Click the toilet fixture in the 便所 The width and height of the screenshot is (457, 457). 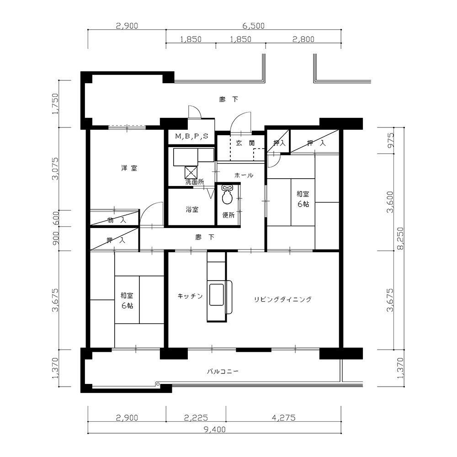[x=227, y=194]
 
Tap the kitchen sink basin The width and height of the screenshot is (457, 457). [x=217, y=295]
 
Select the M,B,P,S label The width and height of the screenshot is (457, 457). [x=192, y=136]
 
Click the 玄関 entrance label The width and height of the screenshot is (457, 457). [x=245, y=143]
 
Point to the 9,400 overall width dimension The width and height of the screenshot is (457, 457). [x=214, y=429]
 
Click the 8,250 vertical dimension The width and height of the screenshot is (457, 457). [x=401, y=239]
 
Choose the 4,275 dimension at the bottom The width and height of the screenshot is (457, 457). [x=284, y=418]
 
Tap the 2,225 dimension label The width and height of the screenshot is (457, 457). [x=196, y=418]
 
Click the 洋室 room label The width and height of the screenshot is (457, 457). [x=129, y=168]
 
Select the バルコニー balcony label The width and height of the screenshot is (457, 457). [x=223, y=371]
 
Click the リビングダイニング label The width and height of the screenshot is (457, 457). [x=283, y=299]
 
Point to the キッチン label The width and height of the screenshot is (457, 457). [x=190, y=296]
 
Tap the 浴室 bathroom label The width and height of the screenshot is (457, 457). [x=192, y=209]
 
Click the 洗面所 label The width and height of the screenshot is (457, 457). [x=195, y=182]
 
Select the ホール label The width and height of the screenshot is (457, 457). [x=244, y=175]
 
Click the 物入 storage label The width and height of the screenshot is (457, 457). [x=117, y=220]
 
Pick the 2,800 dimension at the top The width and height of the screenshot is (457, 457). [x=303, y=39]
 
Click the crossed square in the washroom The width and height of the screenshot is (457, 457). [x=191, y=173]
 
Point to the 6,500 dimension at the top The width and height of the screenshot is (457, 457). [x=254, y=26]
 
